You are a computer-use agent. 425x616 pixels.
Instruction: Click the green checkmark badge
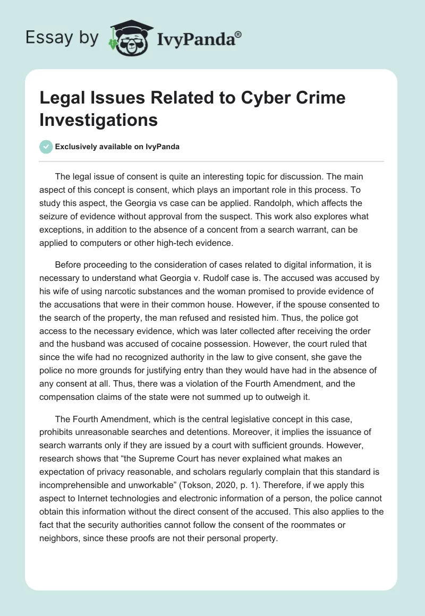[x=45, y=147]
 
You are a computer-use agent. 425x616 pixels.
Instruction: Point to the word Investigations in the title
[x=98, y=119]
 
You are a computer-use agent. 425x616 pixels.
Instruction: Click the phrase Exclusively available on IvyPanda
[x=117, y=147]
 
